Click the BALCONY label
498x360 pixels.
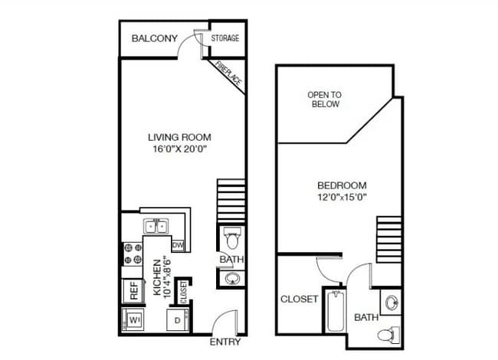[x=154, y=38]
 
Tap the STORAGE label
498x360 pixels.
[x=225, y=38]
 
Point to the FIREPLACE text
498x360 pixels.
[x=228, y=74]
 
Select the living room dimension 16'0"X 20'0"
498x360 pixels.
[x=180, y=149]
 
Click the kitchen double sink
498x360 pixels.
[x=156, y=227]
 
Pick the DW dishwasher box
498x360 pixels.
[x=178, y=245]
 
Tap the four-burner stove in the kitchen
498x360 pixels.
[x=133, y=254]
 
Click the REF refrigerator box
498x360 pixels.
[x=134, y=290]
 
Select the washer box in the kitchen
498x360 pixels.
[x=133, y=320]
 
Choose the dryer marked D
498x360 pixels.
[x=178, y=320]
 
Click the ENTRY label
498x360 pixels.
[x=225, y=342]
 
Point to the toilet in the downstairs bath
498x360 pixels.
[x=232, y=238]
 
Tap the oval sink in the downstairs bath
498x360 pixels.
[x=232, y=279]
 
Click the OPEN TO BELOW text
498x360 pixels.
[x=325, y=100]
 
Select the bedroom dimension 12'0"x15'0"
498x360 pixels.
[x=342, y=198]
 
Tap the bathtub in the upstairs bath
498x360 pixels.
[x=336, y=312]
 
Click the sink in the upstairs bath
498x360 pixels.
[x=392, y=303]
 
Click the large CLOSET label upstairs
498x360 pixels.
[x=299, y=299]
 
